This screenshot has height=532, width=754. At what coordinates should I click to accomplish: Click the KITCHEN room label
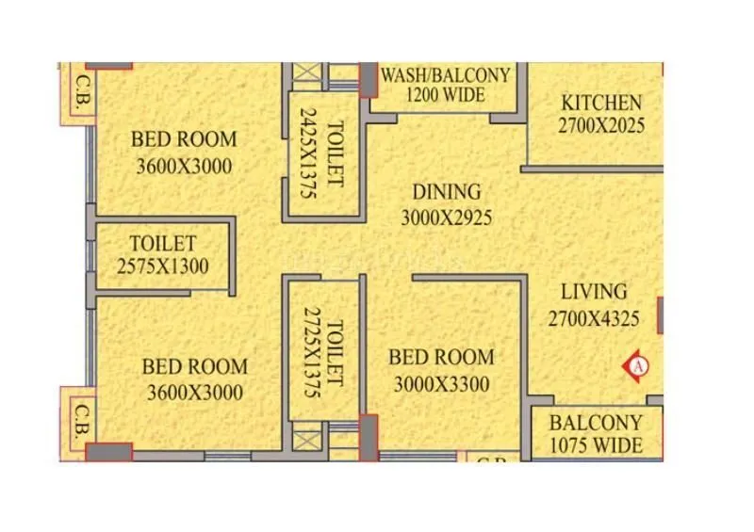click(x=601, y=103)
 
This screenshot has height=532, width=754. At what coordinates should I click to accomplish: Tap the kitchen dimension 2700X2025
click(x=601, y=124)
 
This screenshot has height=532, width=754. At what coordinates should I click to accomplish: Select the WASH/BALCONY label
click(x=445, y=74)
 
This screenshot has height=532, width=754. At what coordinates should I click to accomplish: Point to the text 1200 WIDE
click(x=445, y=94)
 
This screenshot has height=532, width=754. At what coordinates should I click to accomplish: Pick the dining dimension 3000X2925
click(x=447, y=218)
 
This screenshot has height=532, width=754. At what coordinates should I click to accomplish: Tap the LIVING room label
click(x=594, y=292)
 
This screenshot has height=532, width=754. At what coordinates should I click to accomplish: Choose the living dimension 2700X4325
click(x=594, y=319)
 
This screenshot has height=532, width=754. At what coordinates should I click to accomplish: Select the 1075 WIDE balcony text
click(x=596, y=445)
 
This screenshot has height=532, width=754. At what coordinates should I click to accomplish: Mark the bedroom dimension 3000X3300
click(x=441, y=384)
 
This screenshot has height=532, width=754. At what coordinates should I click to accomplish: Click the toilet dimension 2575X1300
click(x=163, y=266)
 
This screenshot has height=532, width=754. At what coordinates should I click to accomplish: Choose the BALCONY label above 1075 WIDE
click(x=596, y=423)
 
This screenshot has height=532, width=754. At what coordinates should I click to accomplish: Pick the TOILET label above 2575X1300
click(x=163, y=244)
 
